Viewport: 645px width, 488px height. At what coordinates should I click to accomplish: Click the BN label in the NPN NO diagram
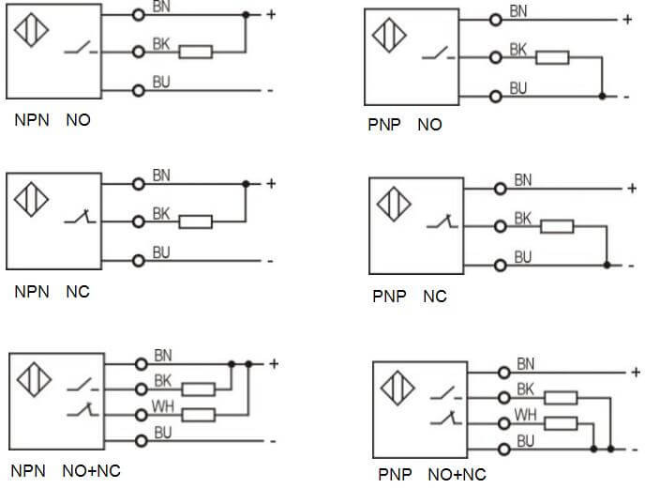pos(160,7)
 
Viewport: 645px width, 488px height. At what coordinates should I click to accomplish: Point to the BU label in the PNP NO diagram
pos(518,87)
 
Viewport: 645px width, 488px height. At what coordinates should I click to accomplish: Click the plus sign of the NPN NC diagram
pos(271,184)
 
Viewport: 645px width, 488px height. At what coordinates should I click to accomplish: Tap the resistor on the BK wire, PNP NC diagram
pos(556,225)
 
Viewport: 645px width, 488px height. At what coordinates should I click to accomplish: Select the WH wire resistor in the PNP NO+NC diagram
pos(559,423)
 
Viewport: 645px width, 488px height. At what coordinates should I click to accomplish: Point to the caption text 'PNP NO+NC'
pos(432,474)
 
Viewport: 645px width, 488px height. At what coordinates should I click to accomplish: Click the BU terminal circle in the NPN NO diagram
pos(139,90)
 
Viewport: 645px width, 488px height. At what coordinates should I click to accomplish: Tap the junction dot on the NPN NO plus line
pos(246,15)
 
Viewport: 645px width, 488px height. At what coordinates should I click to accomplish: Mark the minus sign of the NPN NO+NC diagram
pos(271,440)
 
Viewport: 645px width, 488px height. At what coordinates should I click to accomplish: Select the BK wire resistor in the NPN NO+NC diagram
pos(199,389)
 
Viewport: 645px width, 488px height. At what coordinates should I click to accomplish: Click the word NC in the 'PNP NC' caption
pos(435,297)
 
